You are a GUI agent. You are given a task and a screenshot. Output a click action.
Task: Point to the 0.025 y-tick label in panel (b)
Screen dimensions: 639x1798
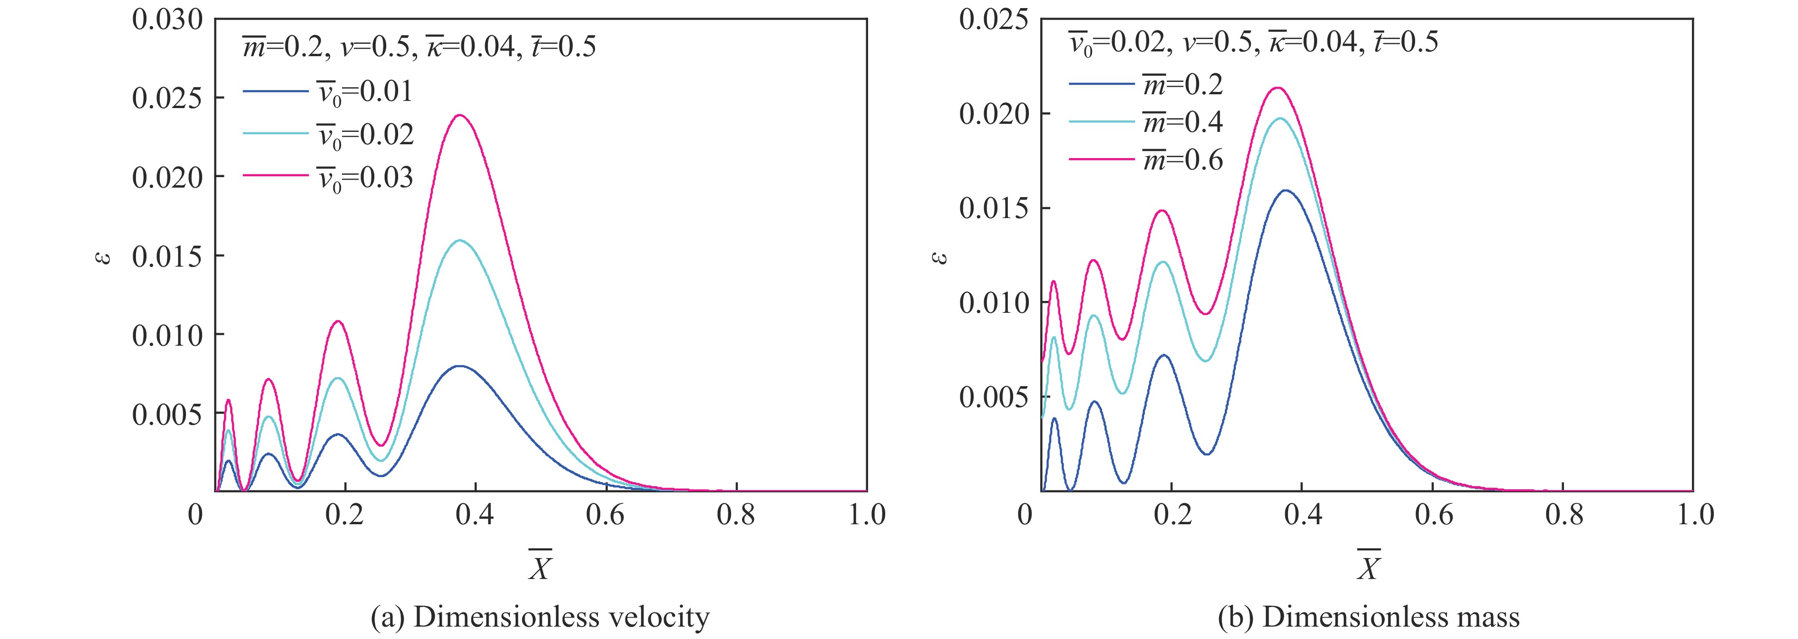(x=994, y=20)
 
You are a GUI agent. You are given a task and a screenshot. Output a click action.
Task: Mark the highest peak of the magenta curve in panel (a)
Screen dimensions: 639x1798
(x=460, y=115)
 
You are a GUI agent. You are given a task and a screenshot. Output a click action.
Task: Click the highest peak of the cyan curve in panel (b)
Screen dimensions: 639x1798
(x=1280, y=118)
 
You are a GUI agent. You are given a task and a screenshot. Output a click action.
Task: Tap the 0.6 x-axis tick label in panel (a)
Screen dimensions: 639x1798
(x=605, y=515)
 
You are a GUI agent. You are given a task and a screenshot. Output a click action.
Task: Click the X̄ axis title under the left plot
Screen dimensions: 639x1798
(x=539, y=566)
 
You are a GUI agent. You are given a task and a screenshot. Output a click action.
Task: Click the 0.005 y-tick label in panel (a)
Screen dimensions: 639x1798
(x=167, y=415)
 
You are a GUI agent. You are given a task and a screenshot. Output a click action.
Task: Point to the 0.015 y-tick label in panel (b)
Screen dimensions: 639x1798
(x=994, y=208)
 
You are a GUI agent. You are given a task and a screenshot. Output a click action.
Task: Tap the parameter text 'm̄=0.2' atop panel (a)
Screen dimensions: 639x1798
(x=283, y=47)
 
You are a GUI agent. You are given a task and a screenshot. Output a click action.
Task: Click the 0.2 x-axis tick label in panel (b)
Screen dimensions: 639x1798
(x=1173, y=515)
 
